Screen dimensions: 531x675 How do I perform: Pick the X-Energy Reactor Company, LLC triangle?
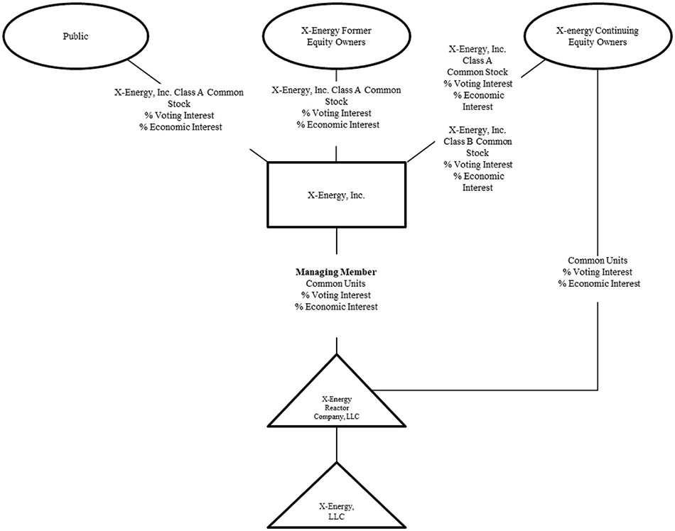tap(335, 405)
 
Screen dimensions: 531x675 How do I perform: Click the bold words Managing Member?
tap(335, 272)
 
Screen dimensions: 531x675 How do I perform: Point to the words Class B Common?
tap(480, 141)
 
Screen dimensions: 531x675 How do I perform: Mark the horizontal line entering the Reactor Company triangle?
tap(490, 390)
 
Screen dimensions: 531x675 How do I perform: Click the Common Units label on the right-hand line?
tap(598, 261)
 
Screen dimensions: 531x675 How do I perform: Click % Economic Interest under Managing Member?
tap(335, 307)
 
